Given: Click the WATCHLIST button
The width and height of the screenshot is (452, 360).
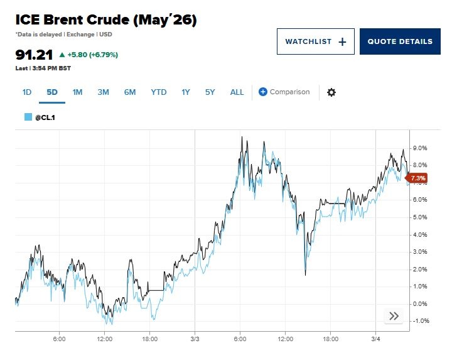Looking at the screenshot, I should click(315, 41).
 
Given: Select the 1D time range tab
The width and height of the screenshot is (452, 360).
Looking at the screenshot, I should click(27, 92).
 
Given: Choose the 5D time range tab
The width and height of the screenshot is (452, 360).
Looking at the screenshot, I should click(52, 92).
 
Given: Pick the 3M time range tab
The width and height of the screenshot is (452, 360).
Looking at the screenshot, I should click(103, 92).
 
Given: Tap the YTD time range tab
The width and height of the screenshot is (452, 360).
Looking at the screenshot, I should click(158, 92).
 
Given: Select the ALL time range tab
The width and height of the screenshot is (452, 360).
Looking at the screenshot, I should click(237, 92).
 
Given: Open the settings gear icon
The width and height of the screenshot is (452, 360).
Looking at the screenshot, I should click(331, 92).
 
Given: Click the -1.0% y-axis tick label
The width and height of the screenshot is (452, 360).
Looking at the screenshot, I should click(421, 321).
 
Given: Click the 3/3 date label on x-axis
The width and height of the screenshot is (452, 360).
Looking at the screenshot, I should click(195, 339).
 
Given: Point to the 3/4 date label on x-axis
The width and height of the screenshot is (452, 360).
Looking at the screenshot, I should click(375, 339).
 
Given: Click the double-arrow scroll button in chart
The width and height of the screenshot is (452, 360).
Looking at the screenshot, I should click(394, 316).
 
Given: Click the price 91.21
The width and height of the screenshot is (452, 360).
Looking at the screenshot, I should click(34, 55).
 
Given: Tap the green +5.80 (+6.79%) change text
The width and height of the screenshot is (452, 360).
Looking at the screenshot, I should click(92, 55).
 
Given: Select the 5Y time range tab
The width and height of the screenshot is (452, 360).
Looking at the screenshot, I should click(210, 92).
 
